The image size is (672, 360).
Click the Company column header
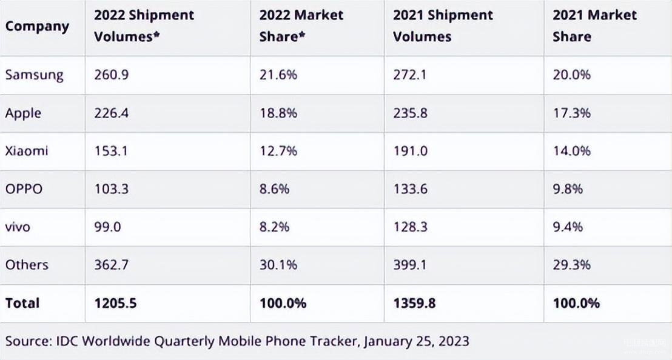click(x=37, y=27)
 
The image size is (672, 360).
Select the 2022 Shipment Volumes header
click(x=144, y=26)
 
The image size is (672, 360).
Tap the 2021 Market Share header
click(x=594, y=26)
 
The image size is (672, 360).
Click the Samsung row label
click(x=34, y=75)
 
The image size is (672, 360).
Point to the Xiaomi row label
click(x=27, y=151)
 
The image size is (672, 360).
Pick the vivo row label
click(x=18, y=227)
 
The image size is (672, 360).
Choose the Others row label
click(x=27, y=265)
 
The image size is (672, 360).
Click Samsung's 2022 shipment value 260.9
click(x=111, y=75)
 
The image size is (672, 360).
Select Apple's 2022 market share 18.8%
click(x=278, y=113)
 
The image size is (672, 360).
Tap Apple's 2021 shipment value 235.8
click(x=410, y=113)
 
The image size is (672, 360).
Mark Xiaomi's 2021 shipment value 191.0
click(x=410, y=151)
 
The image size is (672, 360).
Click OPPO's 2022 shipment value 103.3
click(x=111, y=189)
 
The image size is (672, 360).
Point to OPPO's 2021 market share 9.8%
click(x=568, y=189)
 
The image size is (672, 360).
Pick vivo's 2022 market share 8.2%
click(x=274, y=227)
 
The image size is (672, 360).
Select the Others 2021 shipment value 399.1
click(x=410, y=265)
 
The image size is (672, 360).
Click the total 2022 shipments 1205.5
click(x=115, y=303)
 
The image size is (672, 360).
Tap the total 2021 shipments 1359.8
click(x=414, y=303)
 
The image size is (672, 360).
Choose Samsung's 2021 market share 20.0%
click(x=571, y=75)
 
